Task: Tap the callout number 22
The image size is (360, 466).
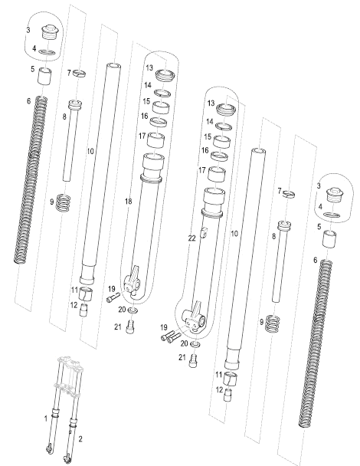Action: coord(191,239)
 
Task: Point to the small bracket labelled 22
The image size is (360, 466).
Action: coord(205,231)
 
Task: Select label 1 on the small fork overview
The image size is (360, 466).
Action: coord(46,418)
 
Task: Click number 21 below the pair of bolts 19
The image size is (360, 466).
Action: coord(182,357)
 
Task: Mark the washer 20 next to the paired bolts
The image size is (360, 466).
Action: coord(194,344)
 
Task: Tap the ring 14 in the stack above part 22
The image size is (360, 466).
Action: coord(224,125)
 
